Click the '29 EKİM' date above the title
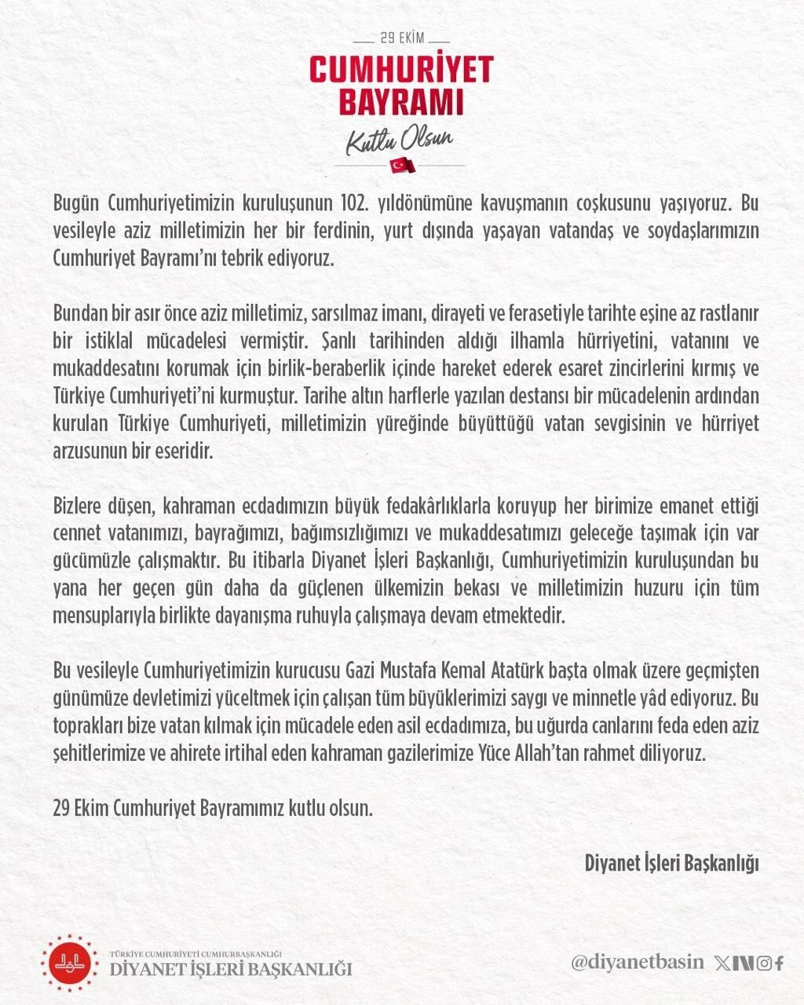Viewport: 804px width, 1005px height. [x=401, y=38]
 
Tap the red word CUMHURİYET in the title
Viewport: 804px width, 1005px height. [x=401, y=69]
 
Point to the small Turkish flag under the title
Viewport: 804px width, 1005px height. [x=402, y=165]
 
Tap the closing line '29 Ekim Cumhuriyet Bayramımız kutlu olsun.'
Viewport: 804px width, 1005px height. [x=213, y=807]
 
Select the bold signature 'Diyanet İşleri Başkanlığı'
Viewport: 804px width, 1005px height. [x=672, y=863]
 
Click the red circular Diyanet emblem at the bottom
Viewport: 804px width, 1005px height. [x=71, y=963]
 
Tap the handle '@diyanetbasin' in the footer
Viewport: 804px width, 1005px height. [x=638, y=963]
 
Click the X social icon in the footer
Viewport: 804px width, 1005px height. [x=722, y=963]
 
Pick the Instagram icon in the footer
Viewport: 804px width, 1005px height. [x=764, y=963]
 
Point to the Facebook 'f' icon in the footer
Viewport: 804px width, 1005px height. [x=779, y=963]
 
